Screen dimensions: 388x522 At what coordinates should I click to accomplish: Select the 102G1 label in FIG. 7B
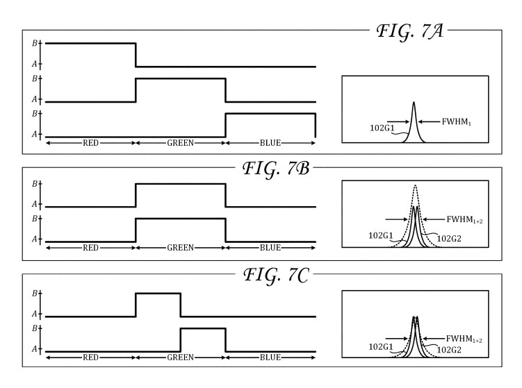(382, 236)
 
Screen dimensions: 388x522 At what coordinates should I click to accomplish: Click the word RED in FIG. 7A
(90, 143)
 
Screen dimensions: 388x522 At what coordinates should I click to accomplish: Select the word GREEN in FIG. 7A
(180, 143)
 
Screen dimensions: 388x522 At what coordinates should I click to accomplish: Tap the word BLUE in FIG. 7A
(270, 143)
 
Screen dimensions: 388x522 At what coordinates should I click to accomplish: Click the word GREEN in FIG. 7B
(180, 247)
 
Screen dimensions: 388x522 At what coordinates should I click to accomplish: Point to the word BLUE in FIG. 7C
(270, 358)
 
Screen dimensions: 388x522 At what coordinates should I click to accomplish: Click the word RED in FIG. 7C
(90, 358)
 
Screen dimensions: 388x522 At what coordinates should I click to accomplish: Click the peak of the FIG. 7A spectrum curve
(414, 103)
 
